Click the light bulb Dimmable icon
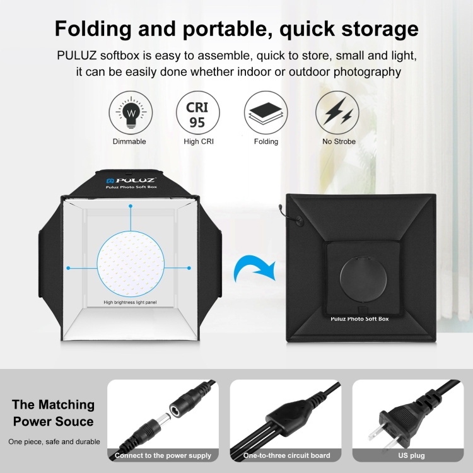pyautogui.click(x=131, y=113)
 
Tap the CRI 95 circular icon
pyautogui.click(x=198, y=113)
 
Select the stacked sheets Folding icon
pyautogui.click(x=266, y=113)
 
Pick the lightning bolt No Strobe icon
pyautogui.click(x=338, y=113)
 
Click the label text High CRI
pyautogui.click(x=198, y=142)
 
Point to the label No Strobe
pyautogui.click(x=339, y=142)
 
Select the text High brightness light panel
pyautogui.click(x=131, y=302)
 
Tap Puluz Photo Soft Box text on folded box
pyautogui.click(x=359, y=319)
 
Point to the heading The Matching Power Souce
pyautogui.click(x=54, y=413)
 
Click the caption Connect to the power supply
pyautogui.click(x=163, y=455)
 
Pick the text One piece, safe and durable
pyautogui.click(x=54, y=441)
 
